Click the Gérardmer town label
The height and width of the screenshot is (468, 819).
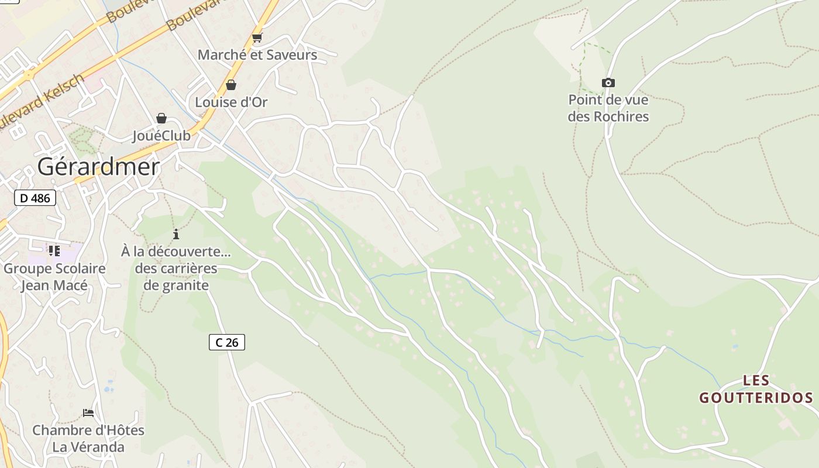pos(98,167)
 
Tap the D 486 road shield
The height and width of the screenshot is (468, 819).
pos(35,198)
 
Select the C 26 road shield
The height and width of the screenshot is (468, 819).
pos(227,342)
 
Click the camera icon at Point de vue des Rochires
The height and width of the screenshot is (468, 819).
pos(608,83)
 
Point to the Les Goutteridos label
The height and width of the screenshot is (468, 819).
pos(756,390)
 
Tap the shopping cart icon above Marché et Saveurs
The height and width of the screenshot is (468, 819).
pos(257,38)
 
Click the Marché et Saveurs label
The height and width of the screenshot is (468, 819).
pos(257,55)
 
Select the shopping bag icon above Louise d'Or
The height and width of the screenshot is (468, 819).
pos(231,85)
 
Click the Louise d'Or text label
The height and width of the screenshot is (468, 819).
pos(231,102)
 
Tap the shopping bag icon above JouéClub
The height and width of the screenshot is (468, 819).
pos(161,118)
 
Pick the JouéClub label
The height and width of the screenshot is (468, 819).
pos(161,136)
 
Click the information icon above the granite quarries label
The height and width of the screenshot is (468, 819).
pos(176,235)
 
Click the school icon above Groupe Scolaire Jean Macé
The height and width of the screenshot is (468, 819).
pos(54,251)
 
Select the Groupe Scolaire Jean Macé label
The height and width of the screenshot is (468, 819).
pos(54,277)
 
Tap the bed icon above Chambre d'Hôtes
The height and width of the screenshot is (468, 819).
pos(88,412)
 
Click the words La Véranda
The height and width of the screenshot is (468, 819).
pos(88,447)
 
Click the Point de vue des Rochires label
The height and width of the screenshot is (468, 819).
pos(608,108)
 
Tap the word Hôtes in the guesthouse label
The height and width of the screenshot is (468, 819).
pos(124,430)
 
